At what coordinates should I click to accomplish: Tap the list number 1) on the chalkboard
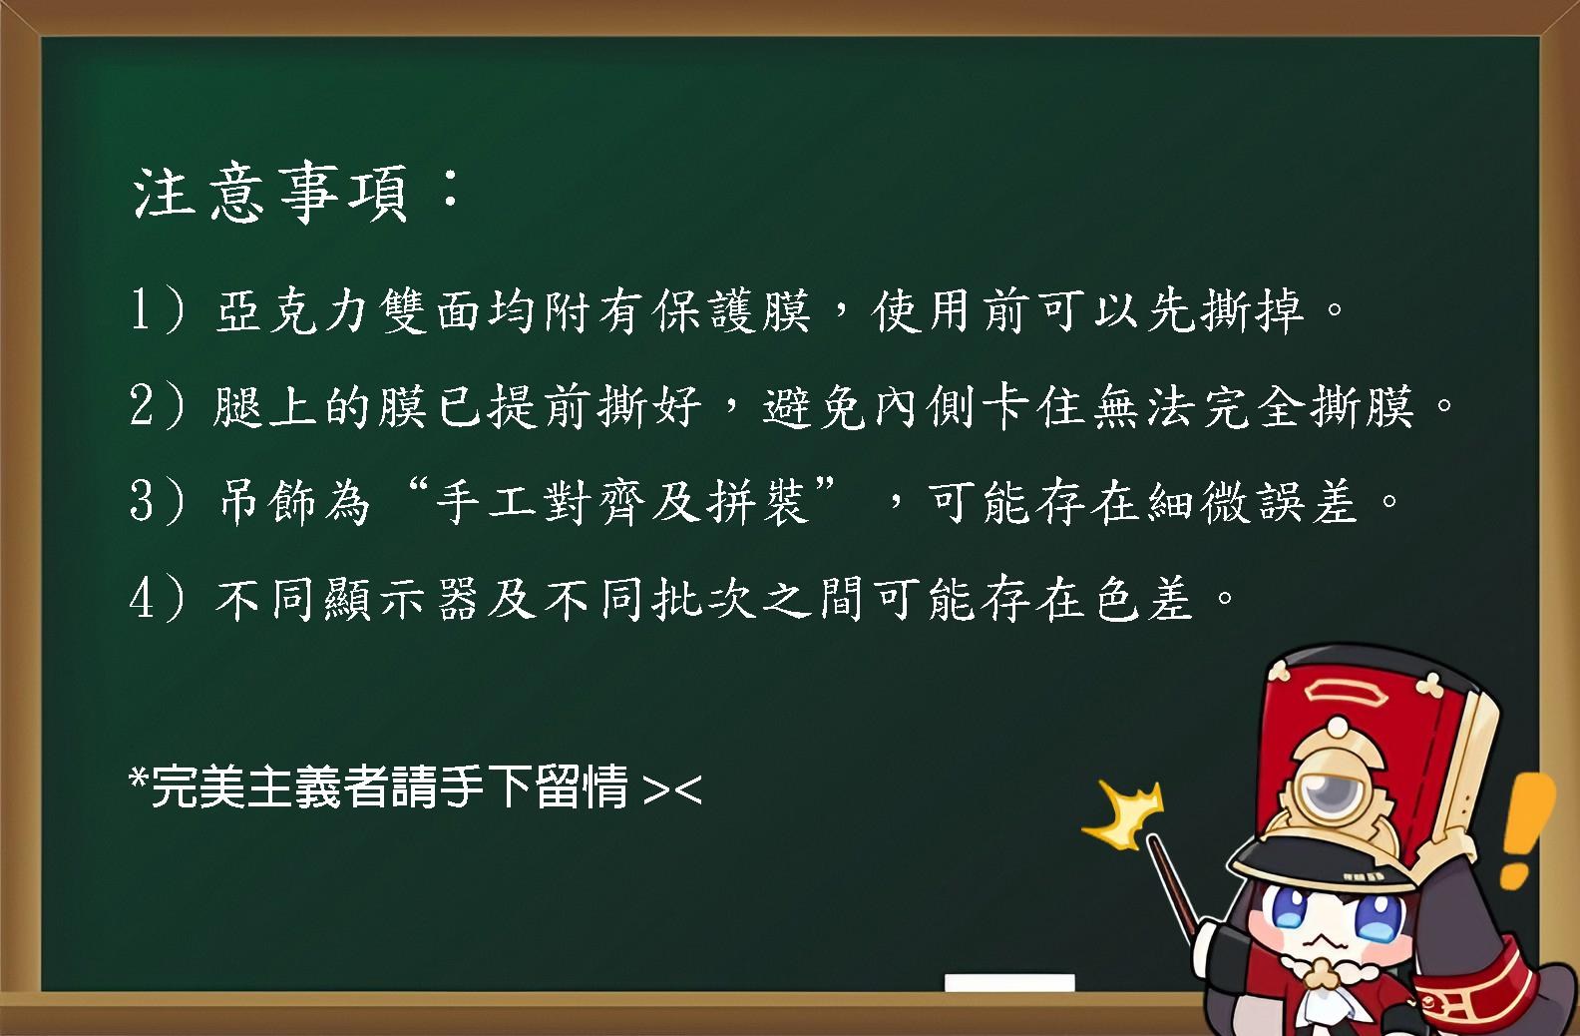coord(160,310)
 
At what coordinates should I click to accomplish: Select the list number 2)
coord(158,406)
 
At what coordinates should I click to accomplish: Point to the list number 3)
coord(158,502)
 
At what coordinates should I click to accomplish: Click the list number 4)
coord(158,599)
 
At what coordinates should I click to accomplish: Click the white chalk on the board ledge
coord(1009,982)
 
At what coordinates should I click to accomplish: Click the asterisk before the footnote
coord(139,777)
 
